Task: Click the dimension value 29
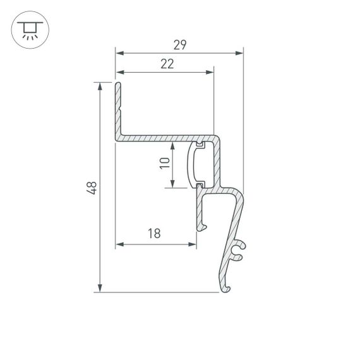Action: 179,45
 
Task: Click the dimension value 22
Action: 166,63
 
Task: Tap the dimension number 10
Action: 164,163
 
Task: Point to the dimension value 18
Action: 153,234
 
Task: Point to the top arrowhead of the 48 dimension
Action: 100,86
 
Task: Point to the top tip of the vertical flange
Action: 117,83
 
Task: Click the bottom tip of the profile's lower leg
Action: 225,289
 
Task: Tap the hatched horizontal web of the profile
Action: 164,136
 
